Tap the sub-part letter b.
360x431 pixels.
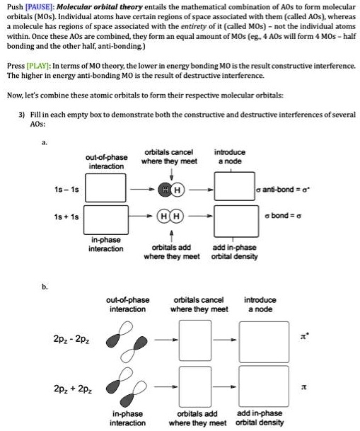click(45, 287)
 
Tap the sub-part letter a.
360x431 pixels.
click(45, 142)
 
